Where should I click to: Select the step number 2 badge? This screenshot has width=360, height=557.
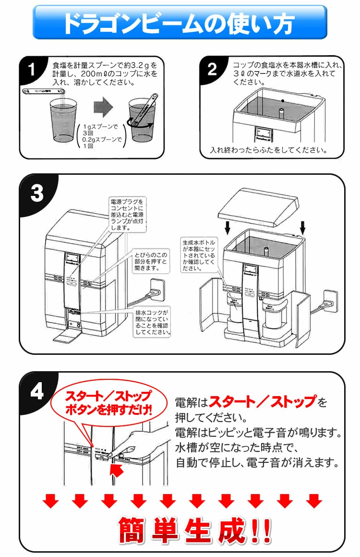coord(212,70)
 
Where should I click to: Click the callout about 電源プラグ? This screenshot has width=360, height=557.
coord(127,214)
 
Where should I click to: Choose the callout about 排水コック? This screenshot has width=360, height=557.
coord(154,322)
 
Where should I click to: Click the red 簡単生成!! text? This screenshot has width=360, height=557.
coord(194,530)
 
